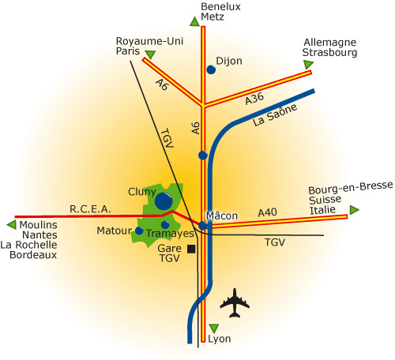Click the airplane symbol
(x=235, y=303)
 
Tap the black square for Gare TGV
(x=191, y=249)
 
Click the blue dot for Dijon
(x=211, y=69)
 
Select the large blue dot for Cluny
(x=164, y=201)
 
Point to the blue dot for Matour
(x=139, y=231)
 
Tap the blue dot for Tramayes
(x=165, y=225)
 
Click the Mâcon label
(x=222, y=216)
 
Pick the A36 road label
(x=254, y=99)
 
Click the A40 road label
(x=267, y=212)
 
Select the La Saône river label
(x=275, y=114)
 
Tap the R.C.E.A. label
(x=90, y=209)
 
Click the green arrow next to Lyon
(x=214, y=328)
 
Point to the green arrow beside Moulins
(x=12, y=225)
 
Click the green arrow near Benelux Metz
(x=194, y=21)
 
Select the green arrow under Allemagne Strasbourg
(x=308, y=65)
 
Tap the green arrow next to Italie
(x=355, y=210)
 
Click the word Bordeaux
(x=33, y=255)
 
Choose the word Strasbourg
(x=329, y=52)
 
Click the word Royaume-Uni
(x=149, y=41)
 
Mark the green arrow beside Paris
(x=150, y=54)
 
